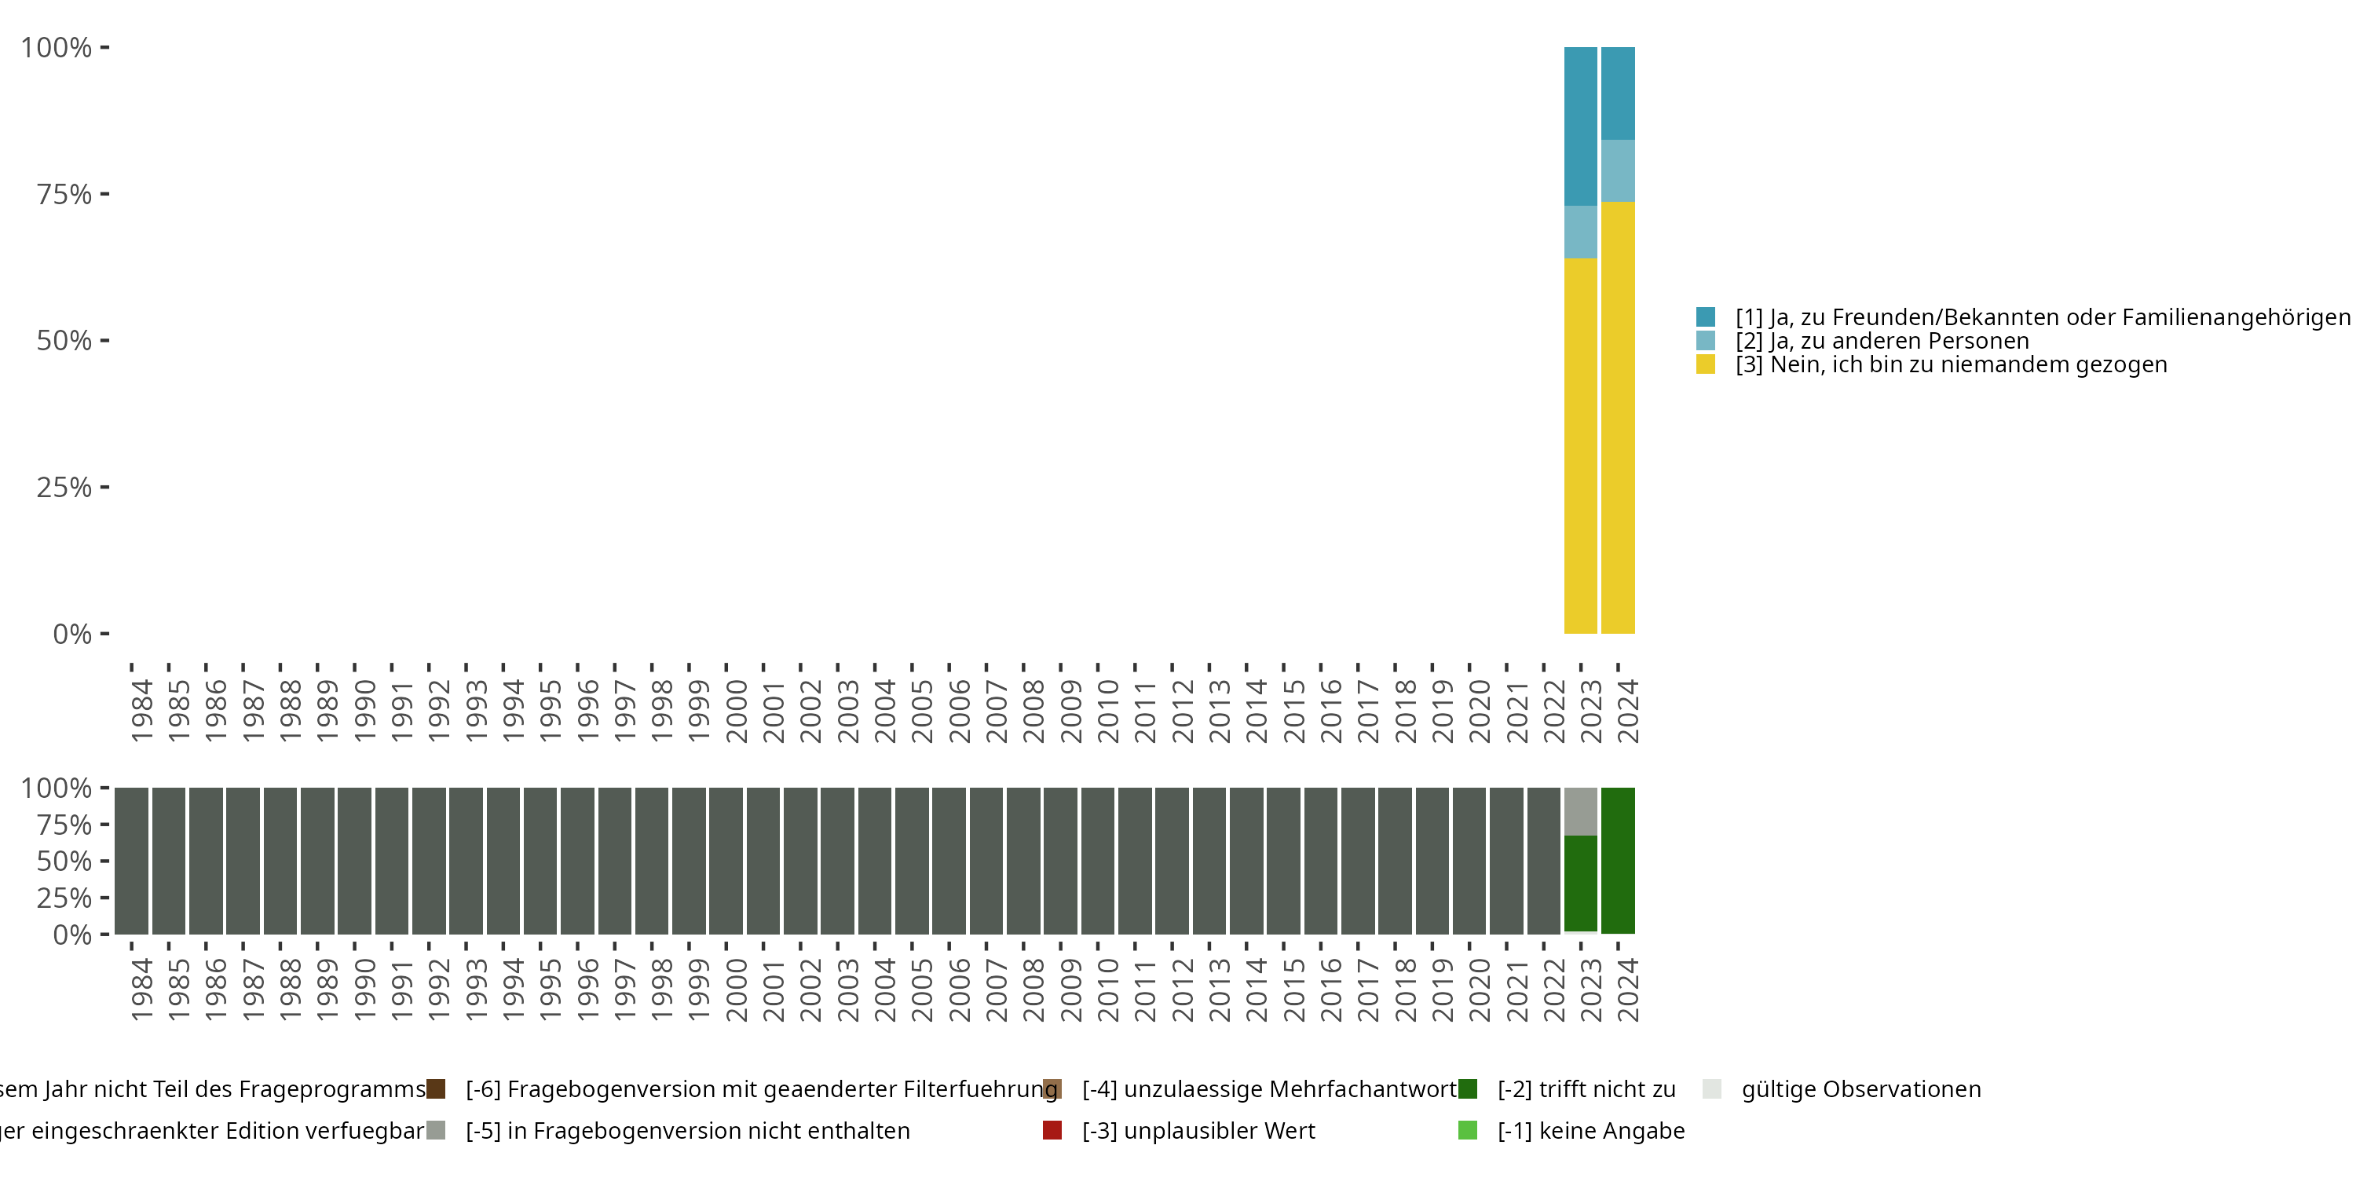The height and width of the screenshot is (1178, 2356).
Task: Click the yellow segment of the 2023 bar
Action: [x=1580, y=445]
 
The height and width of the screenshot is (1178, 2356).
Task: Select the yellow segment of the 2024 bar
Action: [x=1618, y=417]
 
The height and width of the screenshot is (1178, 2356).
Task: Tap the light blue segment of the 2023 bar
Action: [x=1580, y=232]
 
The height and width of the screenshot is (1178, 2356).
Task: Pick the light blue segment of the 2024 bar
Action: [x=1618, y=171]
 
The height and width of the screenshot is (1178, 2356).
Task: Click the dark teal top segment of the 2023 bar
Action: [x=1580, y=126]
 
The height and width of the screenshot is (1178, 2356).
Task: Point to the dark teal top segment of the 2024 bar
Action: [x=1618, y=93]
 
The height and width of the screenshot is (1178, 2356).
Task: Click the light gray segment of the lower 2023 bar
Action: [x=1580, y=811]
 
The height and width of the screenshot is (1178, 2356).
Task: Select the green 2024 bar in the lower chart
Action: [x=1618, y=861]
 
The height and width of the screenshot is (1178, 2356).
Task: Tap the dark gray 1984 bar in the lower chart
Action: [x=132, y=861]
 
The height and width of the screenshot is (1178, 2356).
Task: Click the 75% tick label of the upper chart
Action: [x=64, y=195]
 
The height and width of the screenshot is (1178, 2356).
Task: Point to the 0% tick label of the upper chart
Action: [x=72, y=634]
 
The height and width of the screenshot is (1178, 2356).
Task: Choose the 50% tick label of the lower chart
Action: [x=64, y=862]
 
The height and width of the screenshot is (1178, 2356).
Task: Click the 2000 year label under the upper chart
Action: [x=737, y=711]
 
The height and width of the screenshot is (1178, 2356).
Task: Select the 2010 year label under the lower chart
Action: [x=1107, y=990]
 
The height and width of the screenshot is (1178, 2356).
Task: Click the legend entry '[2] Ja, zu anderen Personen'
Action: [x=1882, y=341]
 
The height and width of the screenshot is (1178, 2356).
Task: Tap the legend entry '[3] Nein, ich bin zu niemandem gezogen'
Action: [x=1951, y=365]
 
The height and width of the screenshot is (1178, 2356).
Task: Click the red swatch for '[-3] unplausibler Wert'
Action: [x=1052, y=1130]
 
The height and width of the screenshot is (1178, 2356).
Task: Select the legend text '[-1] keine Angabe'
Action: [x=1590, y=1130]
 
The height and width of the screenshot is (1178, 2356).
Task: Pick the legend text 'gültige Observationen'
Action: [x=1860, y=1089]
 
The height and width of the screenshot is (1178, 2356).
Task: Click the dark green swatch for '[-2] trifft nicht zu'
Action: [x=1467, y=1089]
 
